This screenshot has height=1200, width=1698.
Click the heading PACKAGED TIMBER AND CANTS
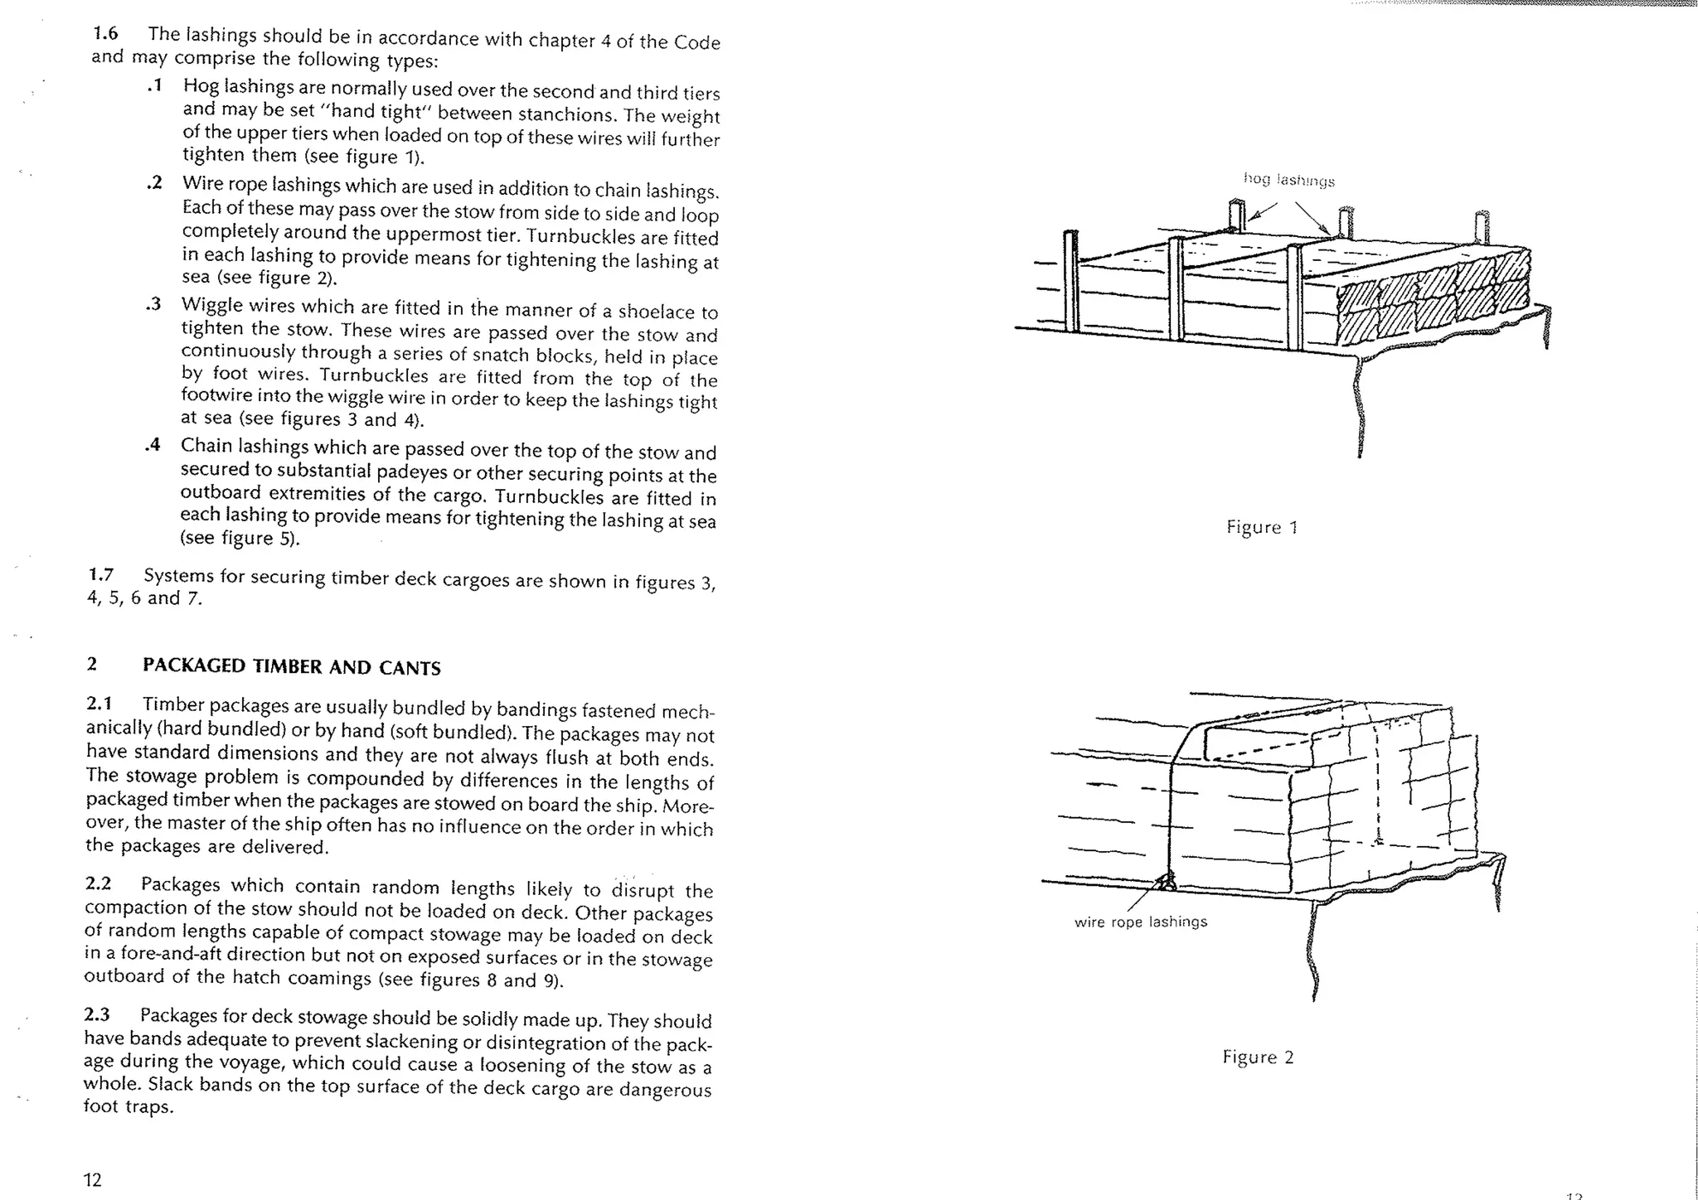pos(291,667)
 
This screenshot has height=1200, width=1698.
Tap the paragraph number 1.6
pos(105,34)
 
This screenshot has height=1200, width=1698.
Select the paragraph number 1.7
pos(100,574)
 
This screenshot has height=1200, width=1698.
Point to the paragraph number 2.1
pos(99,704)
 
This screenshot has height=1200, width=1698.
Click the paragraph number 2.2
pos(98,884)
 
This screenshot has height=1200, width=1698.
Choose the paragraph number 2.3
pos(97,1015)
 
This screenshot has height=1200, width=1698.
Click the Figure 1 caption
pos(1262,527)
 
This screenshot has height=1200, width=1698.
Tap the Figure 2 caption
pos(1258,1057)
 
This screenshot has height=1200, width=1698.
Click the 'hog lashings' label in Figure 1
pos(1288,180)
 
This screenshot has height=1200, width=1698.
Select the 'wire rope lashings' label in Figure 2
pos(1140,922)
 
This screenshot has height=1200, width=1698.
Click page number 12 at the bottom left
pos(92,1179)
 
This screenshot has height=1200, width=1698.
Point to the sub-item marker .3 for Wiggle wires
pos(153,305)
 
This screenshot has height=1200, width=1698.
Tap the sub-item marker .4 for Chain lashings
pos(152,445)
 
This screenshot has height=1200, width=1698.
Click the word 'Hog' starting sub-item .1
pos(200,86)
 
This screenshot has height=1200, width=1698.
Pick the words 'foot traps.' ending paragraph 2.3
pos(129,1106)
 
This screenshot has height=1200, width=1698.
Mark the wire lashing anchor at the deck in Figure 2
pos(1167,883)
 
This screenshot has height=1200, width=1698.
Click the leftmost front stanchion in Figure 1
pos(1070,282)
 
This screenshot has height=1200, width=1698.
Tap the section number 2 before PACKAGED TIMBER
pos(91,665)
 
